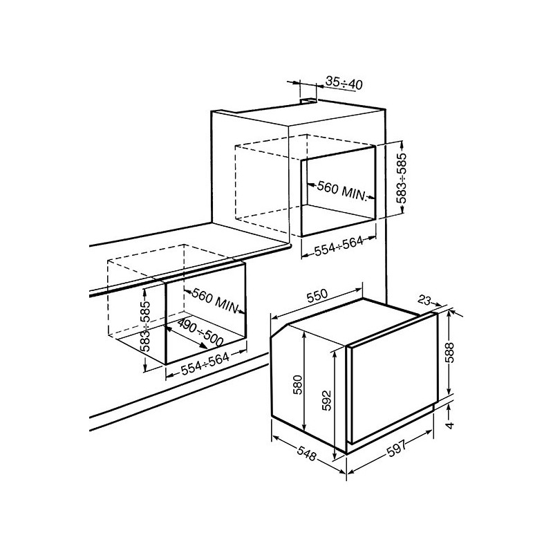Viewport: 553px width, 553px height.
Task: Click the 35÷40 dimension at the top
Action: [344, 84]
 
